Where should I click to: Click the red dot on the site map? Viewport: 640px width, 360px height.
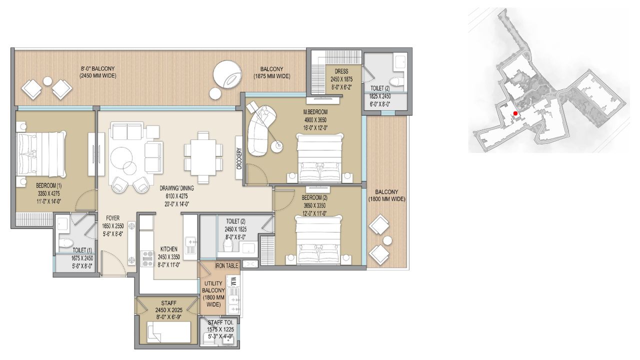(515, 113)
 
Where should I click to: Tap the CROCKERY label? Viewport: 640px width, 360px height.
(239, 158)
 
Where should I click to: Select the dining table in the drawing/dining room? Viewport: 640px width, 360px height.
(203, 157)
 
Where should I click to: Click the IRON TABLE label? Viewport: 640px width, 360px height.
(226, 265)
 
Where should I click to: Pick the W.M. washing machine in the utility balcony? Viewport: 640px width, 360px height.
(233, 280)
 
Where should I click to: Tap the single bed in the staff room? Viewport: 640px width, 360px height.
(168, 332)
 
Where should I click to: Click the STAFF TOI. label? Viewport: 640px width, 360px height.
(218, 322)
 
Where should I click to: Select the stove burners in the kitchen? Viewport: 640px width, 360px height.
(148, 258)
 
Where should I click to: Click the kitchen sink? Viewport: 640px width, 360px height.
(190, 245)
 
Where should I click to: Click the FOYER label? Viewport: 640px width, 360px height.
(112, 218)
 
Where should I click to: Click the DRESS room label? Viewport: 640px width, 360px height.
(341, 71)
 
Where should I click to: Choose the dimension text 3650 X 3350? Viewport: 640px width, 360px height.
(313, 205)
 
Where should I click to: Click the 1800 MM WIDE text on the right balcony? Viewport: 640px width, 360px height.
(386, 199)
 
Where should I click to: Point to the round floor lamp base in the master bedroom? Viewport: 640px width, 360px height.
(277, 146)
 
